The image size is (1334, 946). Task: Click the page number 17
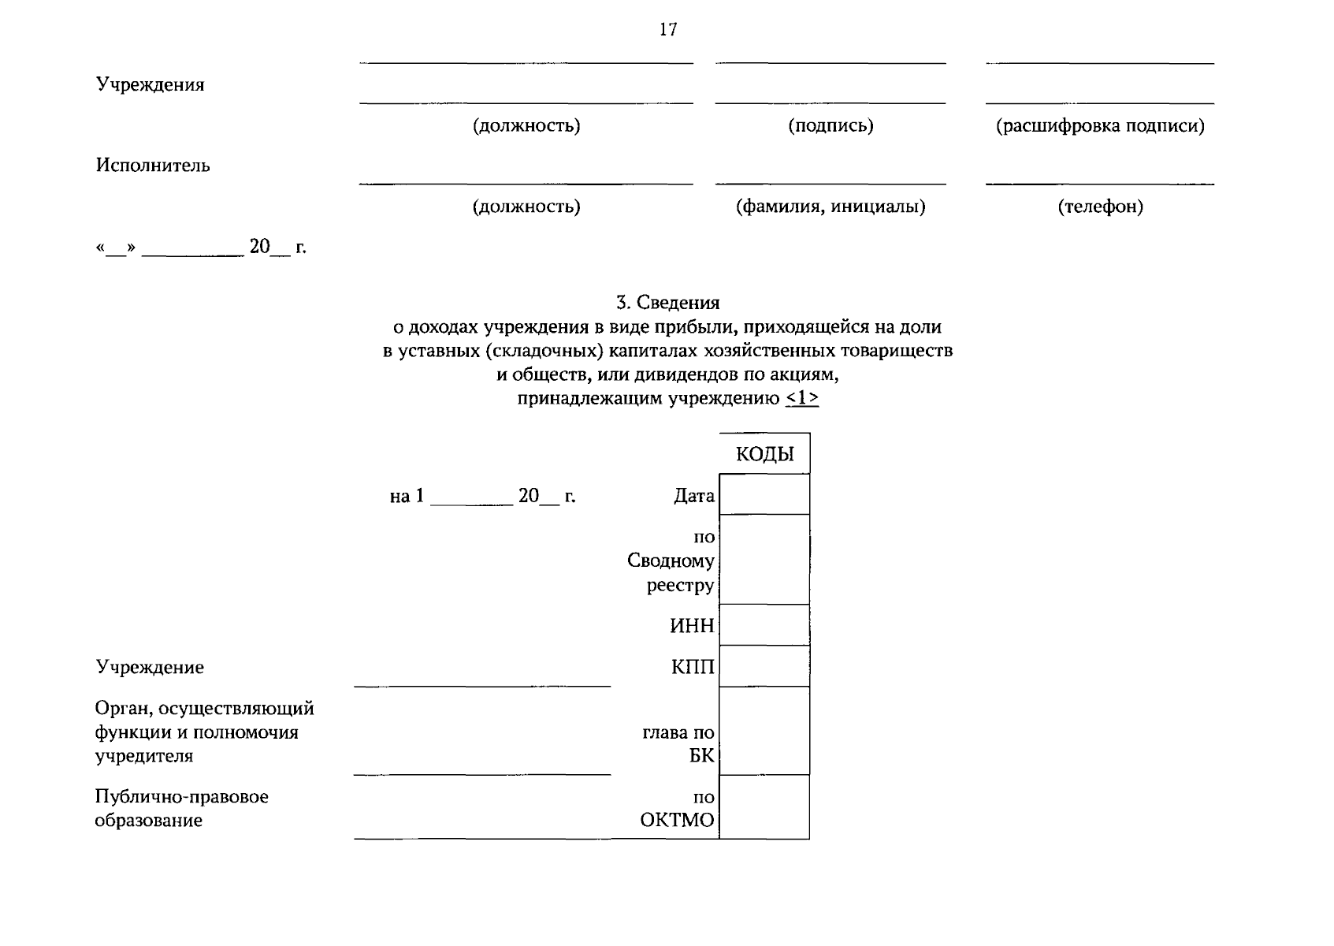pyautogui.click(x=668, y=30)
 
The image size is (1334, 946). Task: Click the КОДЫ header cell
pyautogui.click(x=764, y=454)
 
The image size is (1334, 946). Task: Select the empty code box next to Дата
pyautogui.click(x=764, y=494)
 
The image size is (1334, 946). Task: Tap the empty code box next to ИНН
pyautogui.click(x=764, y=625)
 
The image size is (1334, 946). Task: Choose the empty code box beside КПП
pyautogui.click(x=764, y=666)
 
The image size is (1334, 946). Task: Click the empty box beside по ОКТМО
pyautogui.click(x=764, y=807)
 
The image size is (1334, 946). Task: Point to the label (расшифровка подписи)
pyautogui.click(x=1100, y=126)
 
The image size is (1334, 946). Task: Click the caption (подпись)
pyautogui.click(x=830, y=126)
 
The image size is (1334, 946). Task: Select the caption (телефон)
pyautogui.click(x=1100, y=207)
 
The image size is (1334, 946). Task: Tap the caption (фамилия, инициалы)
pyautogui.click(x=830, y=207)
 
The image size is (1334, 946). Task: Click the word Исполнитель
pyautogui.click(x=153, y=166)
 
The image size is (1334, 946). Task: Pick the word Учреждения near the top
pyautogui.click(x=150, y=85)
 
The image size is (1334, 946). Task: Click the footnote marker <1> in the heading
pyautogui.click(x=802, y=399)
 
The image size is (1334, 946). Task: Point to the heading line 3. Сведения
pyautogui.click(x=667, y=303)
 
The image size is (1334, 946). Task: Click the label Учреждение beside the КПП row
pyautogui.click(x=150, y=668)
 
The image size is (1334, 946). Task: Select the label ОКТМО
pyautogui.click(x=677, y=821)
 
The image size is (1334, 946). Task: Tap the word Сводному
pyautogui.click(x=671, y=561)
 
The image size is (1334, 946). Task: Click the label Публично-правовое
pyautogui.click(x=181, y=797)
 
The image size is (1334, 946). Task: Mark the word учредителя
pyautogui.click(x=143, y=756)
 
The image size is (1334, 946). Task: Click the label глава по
pyautogui.click(x=678, y=732)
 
